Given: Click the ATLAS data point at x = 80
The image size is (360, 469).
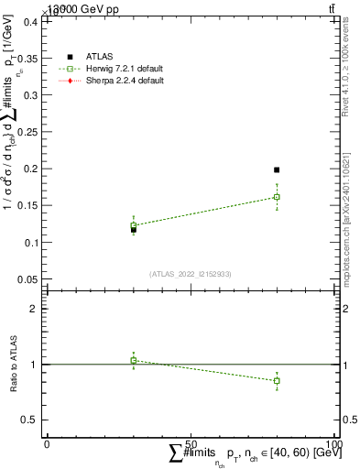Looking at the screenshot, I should tap(277, 169).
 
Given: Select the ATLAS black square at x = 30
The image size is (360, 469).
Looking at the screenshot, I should tap(134, 229).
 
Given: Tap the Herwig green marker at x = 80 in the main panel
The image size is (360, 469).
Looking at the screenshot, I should tap(277, 197).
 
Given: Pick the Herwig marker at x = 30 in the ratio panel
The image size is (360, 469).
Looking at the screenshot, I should tap(134, 360).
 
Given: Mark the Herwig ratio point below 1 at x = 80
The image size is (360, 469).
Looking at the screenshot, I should tap(277, 380).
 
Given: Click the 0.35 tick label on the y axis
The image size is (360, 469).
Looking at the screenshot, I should tap(29, 58).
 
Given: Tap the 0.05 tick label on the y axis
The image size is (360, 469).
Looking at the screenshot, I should tap(29, 279).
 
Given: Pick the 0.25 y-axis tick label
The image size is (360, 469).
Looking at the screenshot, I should tap(29, 132).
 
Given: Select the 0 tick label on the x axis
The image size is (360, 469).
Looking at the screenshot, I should tap(47, 443).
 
